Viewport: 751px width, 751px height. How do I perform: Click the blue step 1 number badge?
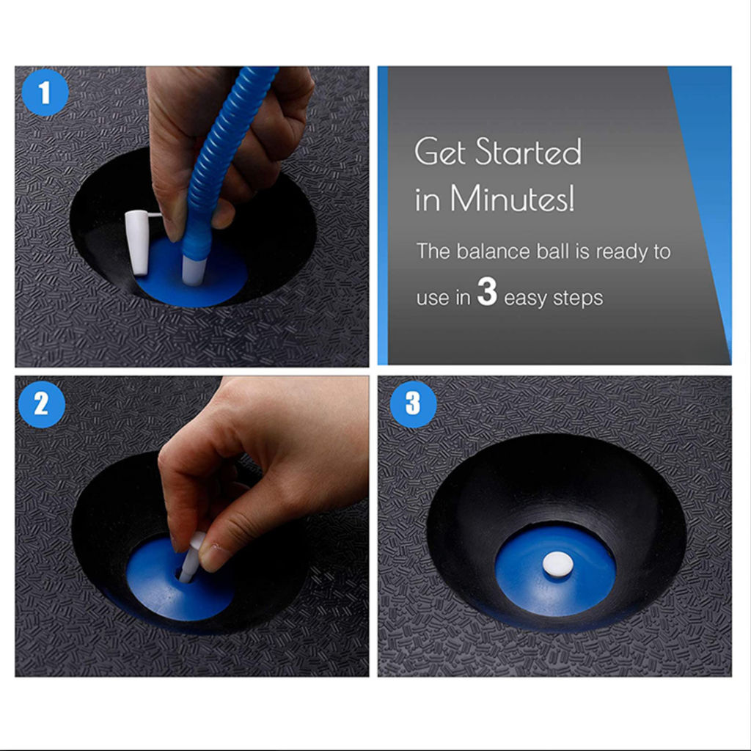(45, 92)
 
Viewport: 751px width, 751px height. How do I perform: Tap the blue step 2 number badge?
(42, 404)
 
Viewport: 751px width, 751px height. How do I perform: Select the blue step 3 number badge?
(414, 404)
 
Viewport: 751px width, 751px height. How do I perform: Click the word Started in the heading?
(528, 152)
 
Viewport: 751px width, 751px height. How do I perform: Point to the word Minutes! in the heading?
(512, 198)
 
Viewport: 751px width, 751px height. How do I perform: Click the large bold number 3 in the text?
(487, 292)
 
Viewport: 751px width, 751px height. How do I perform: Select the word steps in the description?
(578, 298)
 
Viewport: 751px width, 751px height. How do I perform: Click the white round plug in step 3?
(556, 563)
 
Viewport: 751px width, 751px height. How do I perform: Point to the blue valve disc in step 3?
(554, 571)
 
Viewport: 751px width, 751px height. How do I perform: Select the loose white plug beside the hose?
(138, 242)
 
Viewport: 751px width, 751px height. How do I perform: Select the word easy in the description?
(525, 299)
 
